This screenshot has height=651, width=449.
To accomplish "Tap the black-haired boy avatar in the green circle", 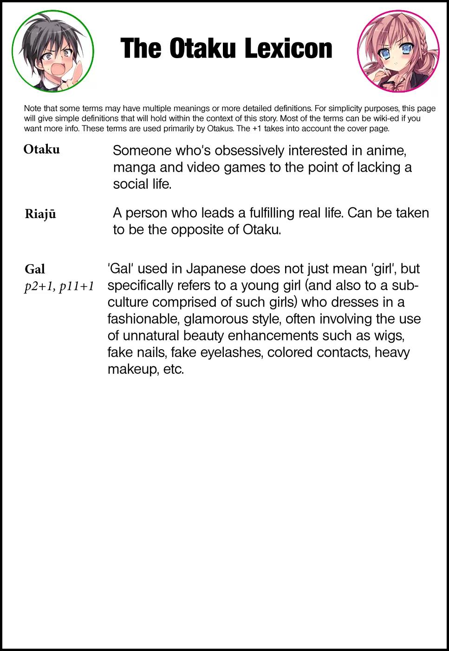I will (x=52, y=51).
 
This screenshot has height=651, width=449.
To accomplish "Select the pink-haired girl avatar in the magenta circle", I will (x=398, y=51).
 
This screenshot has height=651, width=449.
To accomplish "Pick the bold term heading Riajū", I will (x=40, y=214).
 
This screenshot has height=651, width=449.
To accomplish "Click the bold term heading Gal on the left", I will (x=35, y=269).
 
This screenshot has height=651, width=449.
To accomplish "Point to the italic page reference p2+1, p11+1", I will (x=59, y=286).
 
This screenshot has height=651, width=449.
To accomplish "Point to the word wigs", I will (x=388, y=336).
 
